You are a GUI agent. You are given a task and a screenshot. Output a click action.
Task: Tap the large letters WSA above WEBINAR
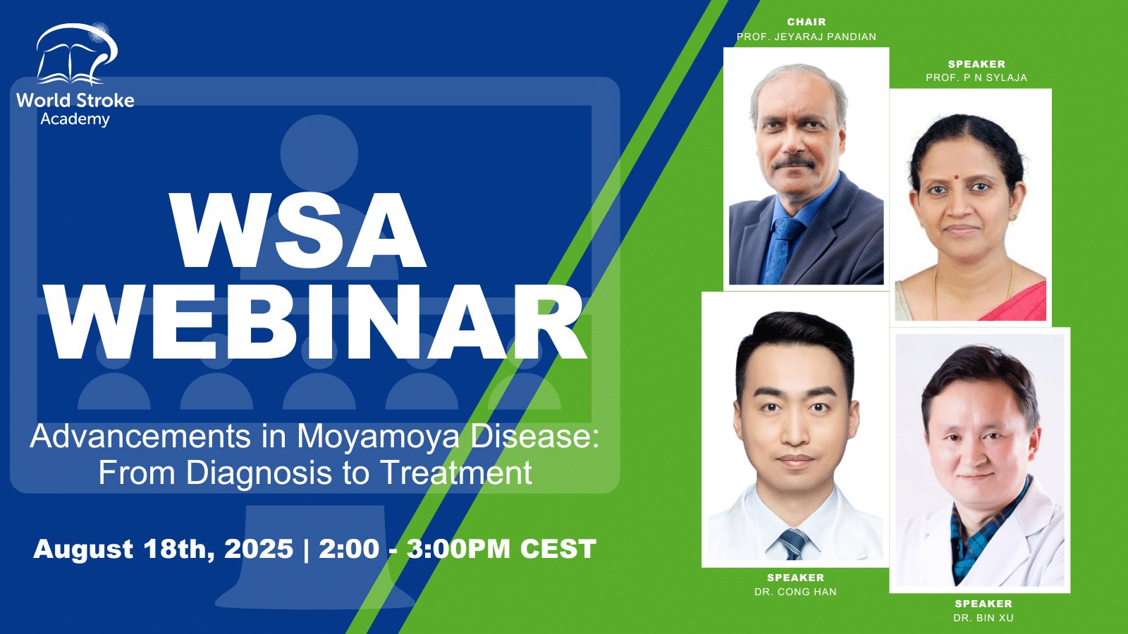(298, 230)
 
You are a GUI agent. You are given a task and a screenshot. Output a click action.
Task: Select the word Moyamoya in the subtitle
(378, 436)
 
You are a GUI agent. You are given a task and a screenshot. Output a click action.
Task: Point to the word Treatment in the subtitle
(456, 472)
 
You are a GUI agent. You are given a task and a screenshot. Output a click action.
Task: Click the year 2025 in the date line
(258, 549)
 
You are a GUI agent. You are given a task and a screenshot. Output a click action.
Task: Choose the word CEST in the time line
(558, 549)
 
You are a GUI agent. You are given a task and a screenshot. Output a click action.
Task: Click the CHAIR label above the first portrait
(807, 22)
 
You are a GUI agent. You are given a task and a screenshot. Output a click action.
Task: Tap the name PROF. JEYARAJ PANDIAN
(807, 37)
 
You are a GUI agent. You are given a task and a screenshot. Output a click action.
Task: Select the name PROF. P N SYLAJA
(976, 77)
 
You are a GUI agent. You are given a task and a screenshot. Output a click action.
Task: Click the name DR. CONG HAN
(795, 592)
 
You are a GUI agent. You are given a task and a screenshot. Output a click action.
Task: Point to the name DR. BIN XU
(983, 618)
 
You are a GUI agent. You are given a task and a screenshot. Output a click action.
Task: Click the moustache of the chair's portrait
(795, 163)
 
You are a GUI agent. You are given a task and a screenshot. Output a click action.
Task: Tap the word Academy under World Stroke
(75, 120)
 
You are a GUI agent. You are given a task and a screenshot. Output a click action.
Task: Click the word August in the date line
(84, 549)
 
